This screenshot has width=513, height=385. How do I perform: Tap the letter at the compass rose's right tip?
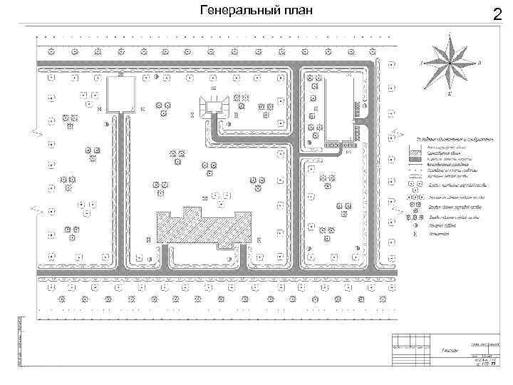pyautogui.click(x=480, y=63)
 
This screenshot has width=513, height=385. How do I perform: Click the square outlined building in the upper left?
pyautogui.click(x=120, y=94)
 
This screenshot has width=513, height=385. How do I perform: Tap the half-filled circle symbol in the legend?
pyautogui.click(x=415, y=226)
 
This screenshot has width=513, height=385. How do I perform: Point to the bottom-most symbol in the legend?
pyautogui.click(x=415, y=234)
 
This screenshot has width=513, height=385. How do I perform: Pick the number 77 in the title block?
pyautogui.click(x=492, y=364)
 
